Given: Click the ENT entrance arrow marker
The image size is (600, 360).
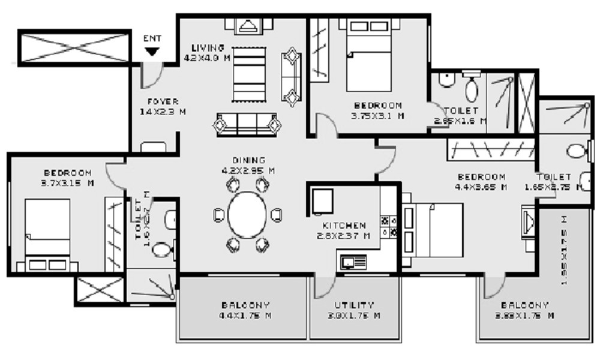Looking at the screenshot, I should pyautogui.click(x=152, y=52).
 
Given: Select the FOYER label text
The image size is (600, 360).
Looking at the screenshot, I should pyautogui.click(x=163, y=101).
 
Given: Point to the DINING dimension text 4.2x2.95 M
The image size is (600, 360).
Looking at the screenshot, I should pyautogui.click(x=249, y=170).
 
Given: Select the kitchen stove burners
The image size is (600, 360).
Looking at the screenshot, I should pyautogui.click(x=389, y=224).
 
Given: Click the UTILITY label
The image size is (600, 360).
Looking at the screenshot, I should pyautogui.click(x=354, y=305).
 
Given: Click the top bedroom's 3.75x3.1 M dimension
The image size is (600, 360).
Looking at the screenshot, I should pyautogui.click(x=377, y=116).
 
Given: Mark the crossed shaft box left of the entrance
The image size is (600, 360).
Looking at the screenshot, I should pyautogui.click(x=74, y=47).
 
